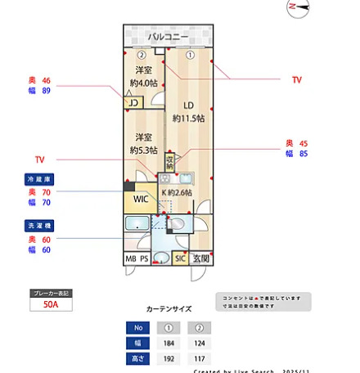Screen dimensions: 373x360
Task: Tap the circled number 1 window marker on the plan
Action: (189, 56)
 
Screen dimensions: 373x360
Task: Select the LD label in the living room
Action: (187, 105)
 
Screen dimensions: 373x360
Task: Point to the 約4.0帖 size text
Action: (144, 83)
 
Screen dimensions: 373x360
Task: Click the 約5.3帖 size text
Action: (144, 151)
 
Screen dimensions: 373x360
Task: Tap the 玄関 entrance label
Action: (200, 259)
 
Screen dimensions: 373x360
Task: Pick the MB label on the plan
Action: (130, 259)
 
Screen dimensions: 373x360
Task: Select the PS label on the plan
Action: (145, 259)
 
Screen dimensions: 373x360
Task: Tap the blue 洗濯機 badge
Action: (39, 225)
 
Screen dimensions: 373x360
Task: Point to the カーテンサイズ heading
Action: (169, 309)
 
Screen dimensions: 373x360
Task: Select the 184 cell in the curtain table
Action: (169, 343)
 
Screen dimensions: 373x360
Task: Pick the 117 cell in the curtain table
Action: (199, 358)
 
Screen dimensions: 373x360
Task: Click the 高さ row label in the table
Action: (140, 358)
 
